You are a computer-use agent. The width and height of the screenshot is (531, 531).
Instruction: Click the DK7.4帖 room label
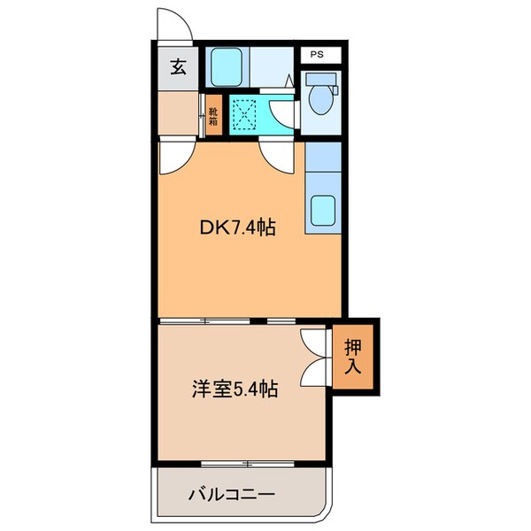(235, 227)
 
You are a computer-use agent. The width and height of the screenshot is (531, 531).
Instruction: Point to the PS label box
(316, 54)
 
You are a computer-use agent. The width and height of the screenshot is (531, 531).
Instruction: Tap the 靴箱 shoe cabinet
(212, 116)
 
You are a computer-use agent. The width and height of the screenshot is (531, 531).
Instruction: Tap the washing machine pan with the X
(245, 113)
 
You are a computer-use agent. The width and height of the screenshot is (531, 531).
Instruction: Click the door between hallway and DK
(173, 158)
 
